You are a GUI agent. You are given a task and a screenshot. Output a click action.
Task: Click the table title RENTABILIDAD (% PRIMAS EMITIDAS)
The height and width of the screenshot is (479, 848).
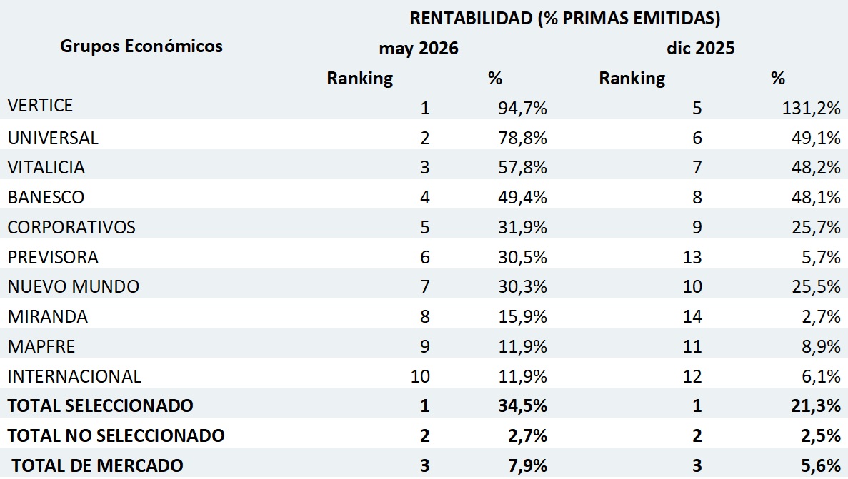pyautogui.click(x=564, y=19)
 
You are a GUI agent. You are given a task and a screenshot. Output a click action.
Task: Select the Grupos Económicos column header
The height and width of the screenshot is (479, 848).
pyautogui.click(x=141, y=46)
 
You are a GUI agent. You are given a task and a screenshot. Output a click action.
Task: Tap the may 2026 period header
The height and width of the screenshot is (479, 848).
pyautogui.click(x=419, y=48)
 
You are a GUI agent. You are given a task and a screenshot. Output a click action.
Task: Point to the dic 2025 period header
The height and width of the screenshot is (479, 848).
pyautogui.click(x=700, y=48)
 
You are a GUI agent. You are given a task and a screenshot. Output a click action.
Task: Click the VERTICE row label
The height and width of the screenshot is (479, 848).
pyautogui.click(x=40, y=105)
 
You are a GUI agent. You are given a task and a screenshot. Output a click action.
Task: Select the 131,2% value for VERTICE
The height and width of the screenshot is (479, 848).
pyautogui.click(x=812, y=108)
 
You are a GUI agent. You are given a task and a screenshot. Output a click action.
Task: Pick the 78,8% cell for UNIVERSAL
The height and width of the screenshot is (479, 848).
pyautogui.click(x=522, y=138)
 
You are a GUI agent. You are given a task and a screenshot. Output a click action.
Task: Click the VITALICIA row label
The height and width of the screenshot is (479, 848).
pyautogui.click(x=46, y=167)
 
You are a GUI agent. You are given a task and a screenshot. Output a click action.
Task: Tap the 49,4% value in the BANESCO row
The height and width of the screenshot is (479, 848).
pyautogui.click(x=522, y=197)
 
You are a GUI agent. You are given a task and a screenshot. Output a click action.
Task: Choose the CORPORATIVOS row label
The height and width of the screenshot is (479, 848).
pyautogui.click(x=71, y=227)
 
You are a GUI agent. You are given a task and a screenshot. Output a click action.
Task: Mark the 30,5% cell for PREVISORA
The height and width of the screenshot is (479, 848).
pyautogui.click(x=522, y=257)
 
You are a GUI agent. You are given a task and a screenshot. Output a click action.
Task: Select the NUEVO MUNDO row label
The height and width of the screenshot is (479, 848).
pyautogui.click(x=74, y=286)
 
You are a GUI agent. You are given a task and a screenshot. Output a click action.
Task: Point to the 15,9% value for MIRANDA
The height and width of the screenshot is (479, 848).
pyautogui.click(x=522, y=316)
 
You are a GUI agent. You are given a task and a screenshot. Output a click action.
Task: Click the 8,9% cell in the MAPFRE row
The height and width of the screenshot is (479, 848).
pyautogui.click(x=821, y=346)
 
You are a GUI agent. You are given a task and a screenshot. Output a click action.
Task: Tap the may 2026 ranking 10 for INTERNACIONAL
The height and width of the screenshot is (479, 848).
pyautogui.click(x=420, y=375)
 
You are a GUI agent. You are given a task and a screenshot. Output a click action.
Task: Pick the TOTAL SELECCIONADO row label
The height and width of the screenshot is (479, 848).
pyautogui.click(x=100, y=405)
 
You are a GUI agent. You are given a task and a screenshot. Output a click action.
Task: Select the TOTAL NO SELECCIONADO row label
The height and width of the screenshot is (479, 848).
pyautogui.click(x=116, y=435)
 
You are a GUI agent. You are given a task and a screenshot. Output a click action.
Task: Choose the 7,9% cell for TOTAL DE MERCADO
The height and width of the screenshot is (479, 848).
pyautogui.click(x=527, y=465)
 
